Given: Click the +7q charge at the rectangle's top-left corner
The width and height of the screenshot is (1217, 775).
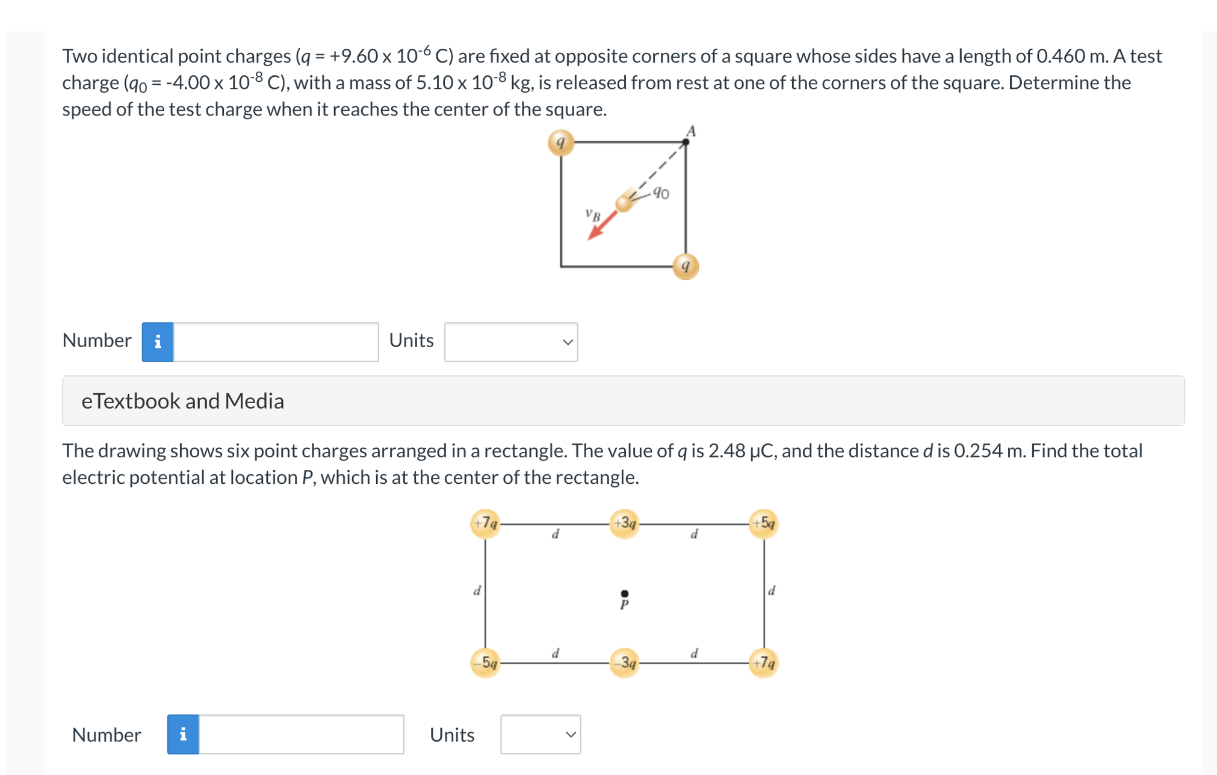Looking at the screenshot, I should coord(485,523).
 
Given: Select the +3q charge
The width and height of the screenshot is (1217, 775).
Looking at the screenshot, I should coord(624,523).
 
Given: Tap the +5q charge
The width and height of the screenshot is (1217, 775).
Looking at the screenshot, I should coord(763,523).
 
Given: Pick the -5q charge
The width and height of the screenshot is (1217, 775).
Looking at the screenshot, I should coord(485,663).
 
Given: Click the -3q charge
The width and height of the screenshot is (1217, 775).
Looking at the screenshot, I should coord(624,663).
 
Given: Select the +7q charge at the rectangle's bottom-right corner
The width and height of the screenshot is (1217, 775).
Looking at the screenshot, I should coord(763,663).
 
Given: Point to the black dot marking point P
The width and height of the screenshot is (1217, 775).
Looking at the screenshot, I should coord(624,594).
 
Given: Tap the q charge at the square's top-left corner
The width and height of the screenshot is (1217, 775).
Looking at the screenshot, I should coord(561,143).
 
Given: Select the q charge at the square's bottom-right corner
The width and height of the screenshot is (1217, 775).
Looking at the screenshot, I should coord(685,266).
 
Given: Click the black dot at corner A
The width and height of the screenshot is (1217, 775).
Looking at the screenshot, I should coord(686,143).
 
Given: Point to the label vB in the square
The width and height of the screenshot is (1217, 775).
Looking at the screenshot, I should coord(593,215).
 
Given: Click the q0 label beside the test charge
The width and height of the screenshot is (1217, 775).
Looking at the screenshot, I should coord(661,193).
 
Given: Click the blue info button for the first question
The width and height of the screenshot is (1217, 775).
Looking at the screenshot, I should coord(158,342).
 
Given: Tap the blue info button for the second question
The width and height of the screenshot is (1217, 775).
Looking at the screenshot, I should coord(183,734).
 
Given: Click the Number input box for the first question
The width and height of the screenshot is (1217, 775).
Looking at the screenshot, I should coord(276,342).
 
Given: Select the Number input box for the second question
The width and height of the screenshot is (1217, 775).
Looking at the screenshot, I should coord(302,734).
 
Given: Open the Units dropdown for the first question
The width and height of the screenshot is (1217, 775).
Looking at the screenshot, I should coord(511,342).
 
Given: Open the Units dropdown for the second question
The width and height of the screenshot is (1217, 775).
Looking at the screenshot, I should coord(540,734).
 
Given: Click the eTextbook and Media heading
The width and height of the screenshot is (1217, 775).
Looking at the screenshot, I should coord(183,401).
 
